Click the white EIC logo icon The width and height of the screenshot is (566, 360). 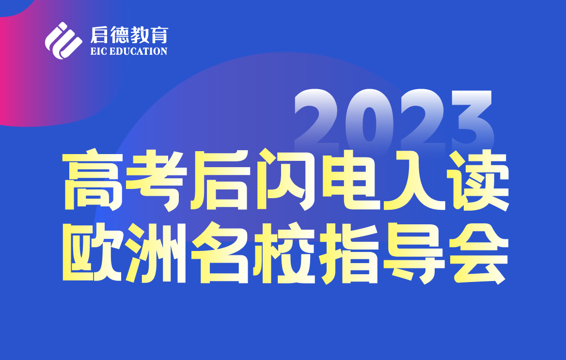pos(63,41)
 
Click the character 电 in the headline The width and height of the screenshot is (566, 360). pos(349,180)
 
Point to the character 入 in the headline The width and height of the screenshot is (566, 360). pos(413,180)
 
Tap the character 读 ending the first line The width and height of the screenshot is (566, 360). pos(477,180)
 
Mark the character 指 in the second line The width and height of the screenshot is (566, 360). pos(349,254)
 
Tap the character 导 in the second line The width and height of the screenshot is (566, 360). pos(413,254)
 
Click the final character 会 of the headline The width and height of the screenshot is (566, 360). pos(477,254)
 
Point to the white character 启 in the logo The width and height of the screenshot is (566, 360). pos(99,35)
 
